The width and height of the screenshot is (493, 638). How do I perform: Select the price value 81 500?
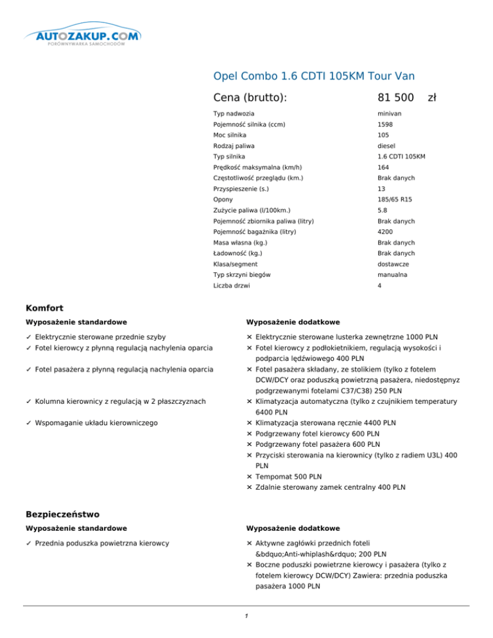pyautogui.click(x=395, y=98)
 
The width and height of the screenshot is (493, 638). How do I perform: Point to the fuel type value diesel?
pyautogui.click(x=387, y=146)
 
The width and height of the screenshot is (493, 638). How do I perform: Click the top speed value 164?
pyautogui.click(x=384, y=167)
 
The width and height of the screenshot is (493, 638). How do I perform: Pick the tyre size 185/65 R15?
pyautogui.click(x=395, y=200)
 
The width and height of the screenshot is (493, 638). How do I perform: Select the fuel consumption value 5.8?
pyautogui.click(x=383, y=210)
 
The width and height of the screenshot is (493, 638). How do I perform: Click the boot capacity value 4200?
pyautogui.click(x=386, y=232)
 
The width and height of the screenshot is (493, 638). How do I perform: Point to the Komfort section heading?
pyautogui.click(x=44, y=308)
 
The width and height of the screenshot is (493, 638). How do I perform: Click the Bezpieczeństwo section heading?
pyautogui.click(x=62, y=514)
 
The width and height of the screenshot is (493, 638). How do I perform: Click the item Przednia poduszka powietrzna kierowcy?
pyautogui.click(x=102, y=543)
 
